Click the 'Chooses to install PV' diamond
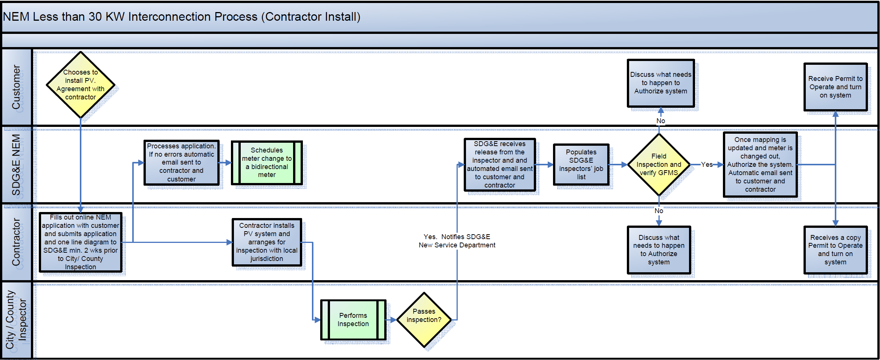coord(80,85)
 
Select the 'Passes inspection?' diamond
coord(424,320)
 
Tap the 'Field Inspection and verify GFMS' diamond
coord(658,165)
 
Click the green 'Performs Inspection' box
coord(353,320)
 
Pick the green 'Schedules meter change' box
coord(267,163)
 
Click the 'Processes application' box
coord(181,163)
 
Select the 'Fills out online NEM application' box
coord(81,242)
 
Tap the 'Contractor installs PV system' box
coord(267,242)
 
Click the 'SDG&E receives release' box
coord(500,165)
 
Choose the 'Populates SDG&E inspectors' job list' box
coord(581,165)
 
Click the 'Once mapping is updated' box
coord(760,165)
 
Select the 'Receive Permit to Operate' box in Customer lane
coord(835,87)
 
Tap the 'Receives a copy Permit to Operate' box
coord(835,250)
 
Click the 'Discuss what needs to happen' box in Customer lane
coord(660,83)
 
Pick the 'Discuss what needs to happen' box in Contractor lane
coord(658,250)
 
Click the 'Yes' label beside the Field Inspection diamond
coord(707,165)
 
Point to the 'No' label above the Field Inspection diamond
coord(660,121)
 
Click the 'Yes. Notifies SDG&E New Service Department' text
coord(457,241)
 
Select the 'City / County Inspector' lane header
coord(16,320)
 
